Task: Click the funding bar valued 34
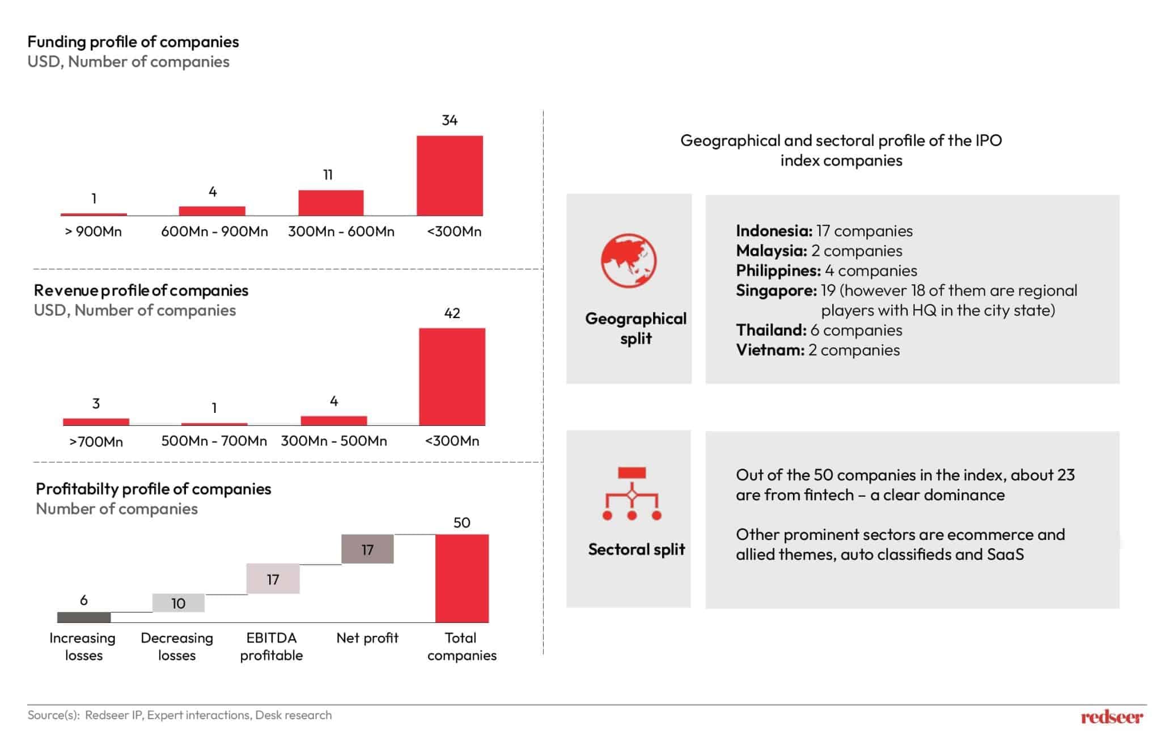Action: click(x=450, y=175)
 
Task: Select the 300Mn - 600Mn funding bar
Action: click(x=331, y=202)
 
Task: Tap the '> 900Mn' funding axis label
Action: click(x=94, y=231)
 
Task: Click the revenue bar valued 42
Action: click(x=452, y=376)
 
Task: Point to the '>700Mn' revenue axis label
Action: click(x=96, y=441)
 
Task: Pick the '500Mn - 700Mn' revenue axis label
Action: click(x=214, y=441)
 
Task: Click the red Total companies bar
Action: click(x=461, y=578)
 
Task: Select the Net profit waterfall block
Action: click(x=367, y=549)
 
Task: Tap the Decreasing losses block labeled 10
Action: click(x=178, y=603)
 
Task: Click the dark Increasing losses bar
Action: click(x=84, y=617)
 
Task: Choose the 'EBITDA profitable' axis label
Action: click(x=271, y=647)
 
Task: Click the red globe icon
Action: click(x=629, y=261)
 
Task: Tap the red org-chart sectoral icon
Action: click(x=632, y=493)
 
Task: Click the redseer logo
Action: click(x=1112, y=717)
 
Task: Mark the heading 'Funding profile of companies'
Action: click(x=133, y=42)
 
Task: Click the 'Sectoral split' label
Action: click(x=636, y=549)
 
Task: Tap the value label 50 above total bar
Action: click(x=461, y=522)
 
